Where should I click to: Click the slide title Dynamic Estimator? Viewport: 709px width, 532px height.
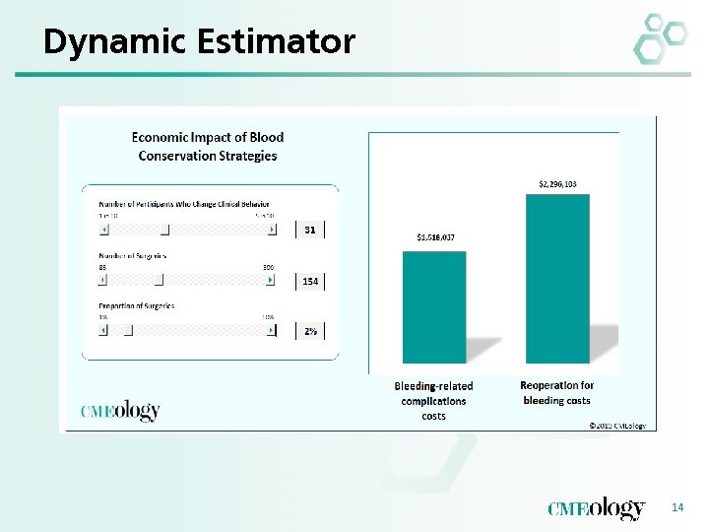coord(199,41)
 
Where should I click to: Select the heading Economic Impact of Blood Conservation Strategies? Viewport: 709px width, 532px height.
coord(208,147)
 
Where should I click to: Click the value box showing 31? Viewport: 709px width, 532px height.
coord(310,230)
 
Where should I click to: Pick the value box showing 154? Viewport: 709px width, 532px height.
coord(310,281)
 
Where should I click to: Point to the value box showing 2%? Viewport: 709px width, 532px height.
coord(310,331)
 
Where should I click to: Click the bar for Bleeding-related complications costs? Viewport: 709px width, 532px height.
coord(434,306)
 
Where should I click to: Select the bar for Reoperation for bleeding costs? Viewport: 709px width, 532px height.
coord(557,278)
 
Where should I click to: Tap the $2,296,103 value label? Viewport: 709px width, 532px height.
coord(557,184)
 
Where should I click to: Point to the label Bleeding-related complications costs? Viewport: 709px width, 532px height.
coord(433,401)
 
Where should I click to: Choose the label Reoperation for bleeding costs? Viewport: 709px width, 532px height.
coord(557,393)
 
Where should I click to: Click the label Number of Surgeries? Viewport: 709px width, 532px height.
coord(132,255)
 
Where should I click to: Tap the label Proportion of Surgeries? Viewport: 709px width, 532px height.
coord(136,306)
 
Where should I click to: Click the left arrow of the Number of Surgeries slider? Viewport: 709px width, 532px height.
coord(103,280)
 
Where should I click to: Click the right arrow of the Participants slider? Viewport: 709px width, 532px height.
coord(272,230)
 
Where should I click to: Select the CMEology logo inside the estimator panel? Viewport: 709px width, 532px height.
coord(119,411)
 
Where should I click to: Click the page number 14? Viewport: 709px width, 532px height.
coord(677,506)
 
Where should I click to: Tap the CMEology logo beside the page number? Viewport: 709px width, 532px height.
coord(597,508)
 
